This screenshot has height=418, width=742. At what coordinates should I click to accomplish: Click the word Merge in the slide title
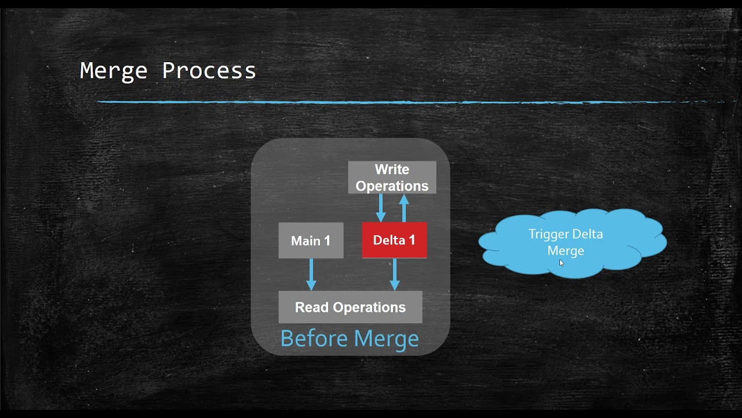(114, 71)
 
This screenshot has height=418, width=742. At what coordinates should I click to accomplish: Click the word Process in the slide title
(209, 71)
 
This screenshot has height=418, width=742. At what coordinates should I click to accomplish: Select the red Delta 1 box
(394, 240)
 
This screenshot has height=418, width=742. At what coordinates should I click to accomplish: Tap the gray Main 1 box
(311, 240)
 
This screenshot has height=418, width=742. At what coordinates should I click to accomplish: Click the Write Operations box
(392, 178)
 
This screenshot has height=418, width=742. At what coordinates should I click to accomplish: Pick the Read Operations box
(350, 307)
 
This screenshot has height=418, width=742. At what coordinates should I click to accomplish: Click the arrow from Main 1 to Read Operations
(311, 274)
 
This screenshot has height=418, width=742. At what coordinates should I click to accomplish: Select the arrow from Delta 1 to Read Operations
(395, 274)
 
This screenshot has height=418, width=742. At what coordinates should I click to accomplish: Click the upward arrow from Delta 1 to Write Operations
(404, 208)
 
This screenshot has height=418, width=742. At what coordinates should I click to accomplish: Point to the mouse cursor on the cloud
(561, 262)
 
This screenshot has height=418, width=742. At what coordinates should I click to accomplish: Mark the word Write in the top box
(392, 170)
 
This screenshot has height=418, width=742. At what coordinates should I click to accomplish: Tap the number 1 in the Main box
(327, 240)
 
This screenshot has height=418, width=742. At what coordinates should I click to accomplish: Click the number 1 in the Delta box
(412, 240)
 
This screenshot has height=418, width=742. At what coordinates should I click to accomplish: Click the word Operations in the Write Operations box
(392, 186)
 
